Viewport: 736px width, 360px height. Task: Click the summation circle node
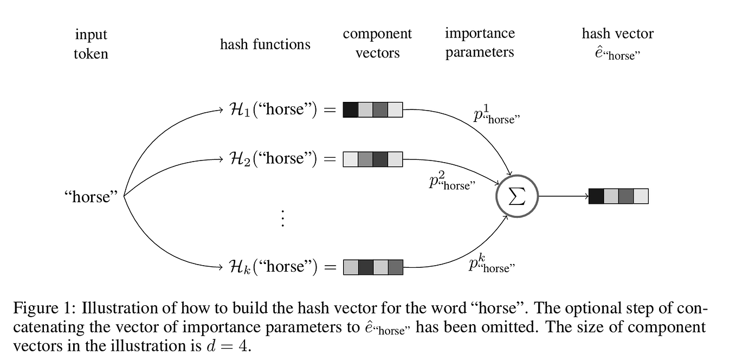click(x=517, y=196)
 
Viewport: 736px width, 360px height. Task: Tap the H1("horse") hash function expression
click(x=276, y=110)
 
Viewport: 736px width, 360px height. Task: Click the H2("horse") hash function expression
click(x=276, y=159)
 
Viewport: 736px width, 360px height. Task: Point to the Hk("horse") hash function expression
click(x=276, y=267)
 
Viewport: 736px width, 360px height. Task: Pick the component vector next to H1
click(x=373, y=110)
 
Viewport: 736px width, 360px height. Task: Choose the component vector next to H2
click(x=373, y=159)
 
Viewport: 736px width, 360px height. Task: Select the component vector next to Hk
click(x=373, y=267)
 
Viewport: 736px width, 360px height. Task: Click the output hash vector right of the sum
click(x=618, y=196)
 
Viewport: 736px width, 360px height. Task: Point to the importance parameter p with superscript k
click(x=491, y=265)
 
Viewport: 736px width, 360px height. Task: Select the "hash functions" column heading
click(x=265, y=44)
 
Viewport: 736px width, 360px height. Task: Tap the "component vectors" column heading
click(x=377, y=43)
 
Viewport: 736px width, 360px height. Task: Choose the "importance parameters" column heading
click(x=480, y=43)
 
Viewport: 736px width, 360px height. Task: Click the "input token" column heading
click(x=91, y=44)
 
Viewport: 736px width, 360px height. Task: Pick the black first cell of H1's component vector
click(x=351, y=110)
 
